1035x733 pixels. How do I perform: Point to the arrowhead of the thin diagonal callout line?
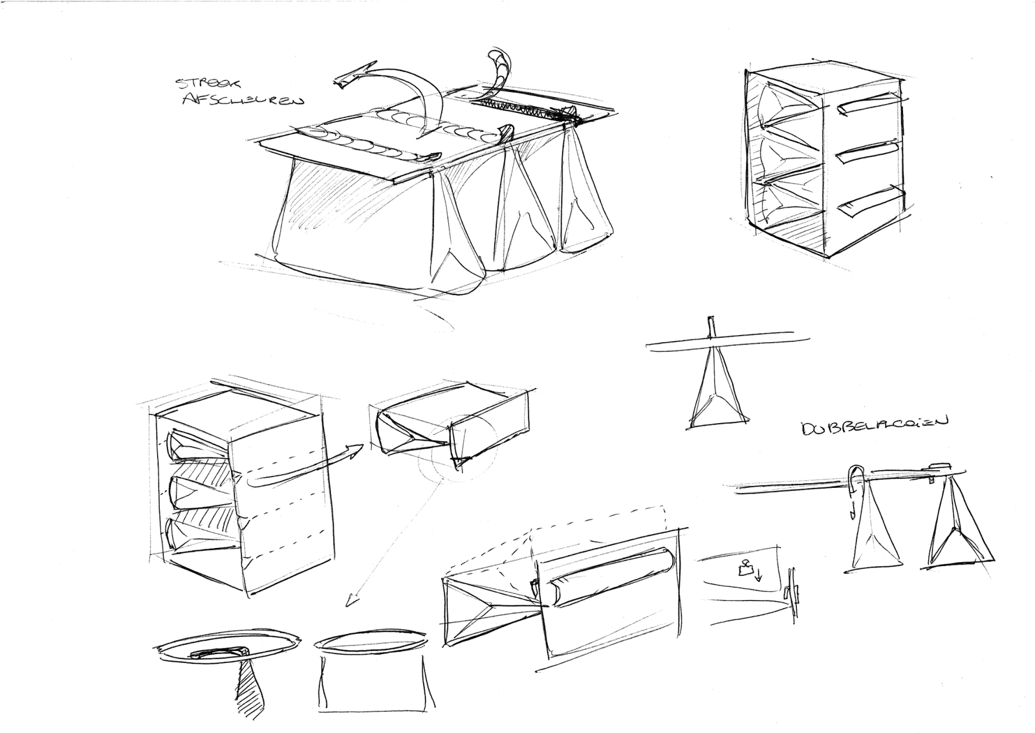(x=352, y=602)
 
